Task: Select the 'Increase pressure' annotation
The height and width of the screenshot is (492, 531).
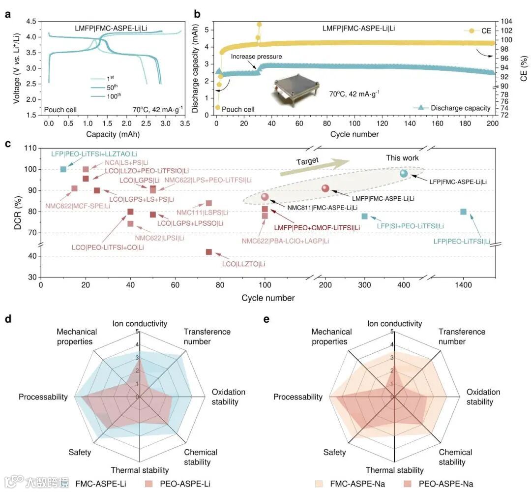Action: point(250,56)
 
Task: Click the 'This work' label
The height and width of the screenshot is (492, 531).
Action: point(402,158)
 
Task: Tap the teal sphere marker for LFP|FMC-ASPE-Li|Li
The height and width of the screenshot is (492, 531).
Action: point(404,173)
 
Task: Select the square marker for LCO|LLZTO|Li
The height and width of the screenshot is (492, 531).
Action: point(209,252)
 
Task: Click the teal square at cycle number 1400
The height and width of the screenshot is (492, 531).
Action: point(463,212)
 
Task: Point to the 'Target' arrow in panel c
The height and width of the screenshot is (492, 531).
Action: point(315,167)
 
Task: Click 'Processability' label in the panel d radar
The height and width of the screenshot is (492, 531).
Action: point(43,397)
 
